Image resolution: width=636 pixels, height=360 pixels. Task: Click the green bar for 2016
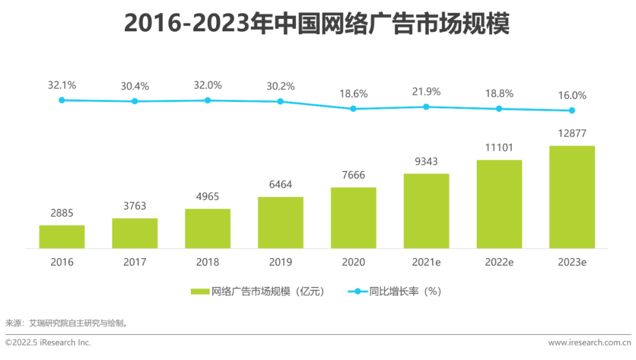(62, 236)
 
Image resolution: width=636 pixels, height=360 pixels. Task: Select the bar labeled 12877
(572, 197)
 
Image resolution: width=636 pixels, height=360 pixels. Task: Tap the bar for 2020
(353, 217)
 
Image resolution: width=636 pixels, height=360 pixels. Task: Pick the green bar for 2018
(207, 228)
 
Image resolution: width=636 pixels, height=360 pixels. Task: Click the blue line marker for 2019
(280, 101)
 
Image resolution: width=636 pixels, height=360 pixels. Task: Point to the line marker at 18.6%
(353, 108)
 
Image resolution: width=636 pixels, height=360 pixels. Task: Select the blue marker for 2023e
(572, 110)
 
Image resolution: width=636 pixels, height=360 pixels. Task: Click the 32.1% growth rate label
(62, 85)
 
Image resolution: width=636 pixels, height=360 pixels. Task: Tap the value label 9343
(426, 161)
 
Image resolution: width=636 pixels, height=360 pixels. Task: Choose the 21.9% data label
(426, 92)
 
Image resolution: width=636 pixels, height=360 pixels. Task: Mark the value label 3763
(135, 206)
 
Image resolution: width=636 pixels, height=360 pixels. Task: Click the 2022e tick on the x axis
(499, 262)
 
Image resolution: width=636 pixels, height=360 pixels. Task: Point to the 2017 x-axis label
(135, 262)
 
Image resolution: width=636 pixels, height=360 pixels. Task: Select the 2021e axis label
(426, 262)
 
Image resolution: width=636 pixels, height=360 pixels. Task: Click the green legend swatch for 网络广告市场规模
(200, 292)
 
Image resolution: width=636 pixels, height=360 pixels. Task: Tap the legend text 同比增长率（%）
(405, 292)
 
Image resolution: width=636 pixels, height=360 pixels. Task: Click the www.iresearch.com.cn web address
(589, 342)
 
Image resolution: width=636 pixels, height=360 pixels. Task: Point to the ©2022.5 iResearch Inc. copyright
(48, 342)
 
